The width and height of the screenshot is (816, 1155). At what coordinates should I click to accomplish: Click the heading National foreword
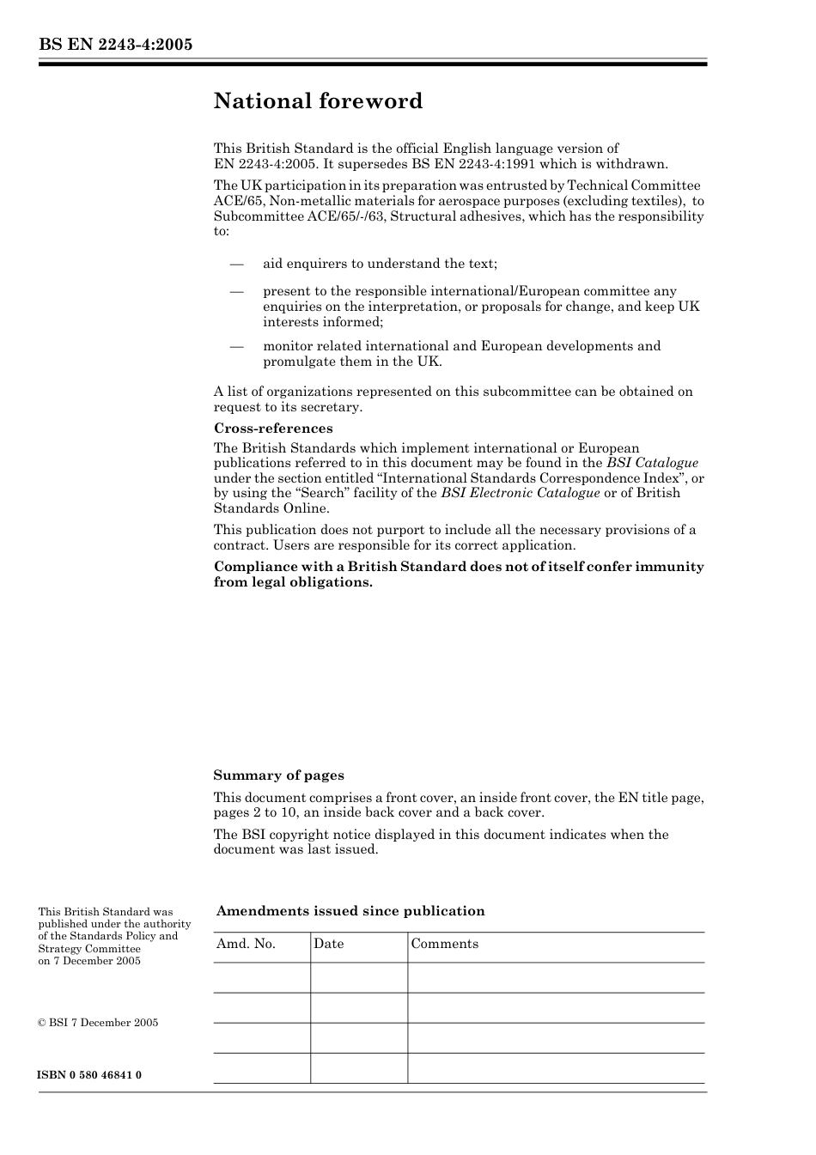pos(318,101)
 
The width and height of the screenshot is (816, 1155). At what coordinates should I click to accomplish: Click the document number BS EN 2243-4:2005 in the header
pos(114,45)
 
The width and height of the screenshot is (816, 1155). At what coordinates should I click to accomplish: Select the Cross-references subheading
pos(272,429)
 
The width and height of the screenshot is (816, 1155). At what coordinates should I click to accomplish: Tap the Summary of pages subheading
pos(278,775)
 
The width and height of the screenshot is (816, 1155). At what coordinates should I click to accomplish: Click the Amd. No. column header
pos(246,944)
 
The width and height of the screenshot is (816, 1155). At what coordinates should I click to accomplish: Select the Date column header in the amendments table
pos(328,944)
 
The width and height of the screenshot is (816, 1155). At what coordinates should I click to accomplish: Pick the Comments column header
pos(444,944)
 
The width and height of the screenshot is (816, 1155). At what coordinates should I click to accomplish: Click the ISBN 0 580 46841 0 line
pos(89,1075)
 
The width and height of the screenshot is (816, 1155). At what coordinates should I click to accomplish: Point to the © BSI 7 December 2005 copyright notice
pos(98,1023)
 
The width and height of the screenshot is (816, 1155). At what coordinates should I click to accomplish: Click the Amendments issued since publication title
pos(350,911)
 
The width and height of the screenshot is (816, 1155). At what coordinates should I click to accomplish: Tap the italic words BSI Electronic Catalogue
pos(520,493)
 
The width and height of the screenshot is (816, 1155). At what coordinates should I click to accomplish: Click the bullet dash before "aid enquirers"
pos(237,264)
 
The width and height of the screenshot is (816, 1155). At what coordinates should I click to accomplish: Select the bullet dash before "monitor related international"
pos(237,346)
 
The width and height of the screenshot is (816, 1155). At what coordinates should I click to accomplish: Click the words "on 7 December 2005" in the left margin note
pos(89,961)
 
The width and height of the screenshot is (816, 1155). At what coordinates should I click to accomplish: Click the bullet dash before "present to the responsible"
pos(237,291)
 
